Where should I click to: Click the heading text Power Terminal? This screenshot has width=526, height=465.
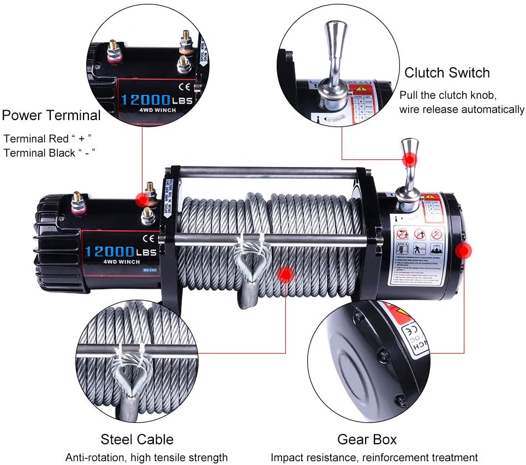[51, 116]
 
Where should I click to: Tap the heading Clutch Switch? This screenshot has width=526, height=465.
[447, 73]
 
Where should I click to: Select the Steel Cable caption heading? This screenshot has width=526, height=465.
[137, 439]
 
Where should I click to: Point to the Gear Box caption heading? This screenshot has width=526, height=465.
[367, 439]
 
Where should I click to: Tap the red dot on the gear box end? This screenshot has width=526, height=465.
[464, 251]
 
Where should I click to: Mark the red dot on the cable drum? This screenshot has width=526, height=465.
[285, 275]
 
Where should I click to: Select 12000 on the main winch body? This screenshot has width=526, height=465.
[110, 252]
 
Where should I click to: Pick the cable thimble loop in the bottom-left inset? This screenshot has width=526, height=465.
[129, 373]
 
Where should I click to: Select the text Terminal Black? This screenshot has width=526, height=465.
[39, 153]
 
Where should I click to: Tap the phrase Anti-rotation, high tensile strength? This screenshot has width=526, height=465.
[146, 457]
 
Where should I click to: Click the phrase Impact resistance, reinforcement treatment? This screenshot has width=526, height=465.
[374, 457]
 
